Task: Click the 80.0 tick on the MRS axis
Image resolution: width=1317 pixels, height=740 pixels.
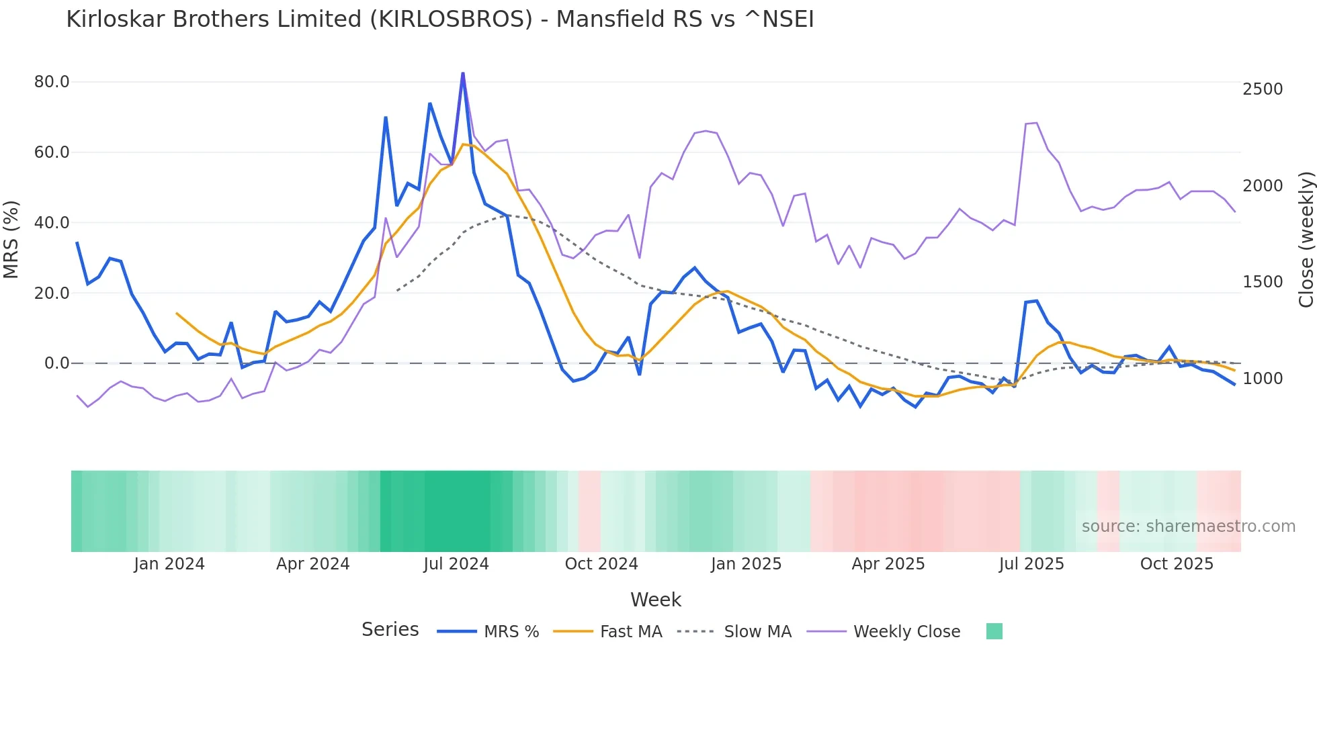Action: (x=52, y=82)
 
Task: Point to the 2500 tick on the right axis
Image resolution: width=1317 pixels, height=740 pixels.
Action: (x=1263, y=89)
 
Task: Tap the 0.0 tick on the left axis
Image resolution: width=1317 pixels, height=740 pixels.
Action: (x=56, y=363)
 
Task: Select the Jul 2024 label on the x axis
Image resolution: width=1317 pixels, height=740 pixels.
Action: (x=456, y=564)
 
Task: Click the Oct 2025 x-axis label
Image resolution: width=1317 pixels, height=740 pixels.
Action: (x=1177, y=564)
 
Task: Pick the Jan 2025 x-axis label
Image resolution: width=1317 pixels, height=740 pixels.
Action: (x=746, y=564)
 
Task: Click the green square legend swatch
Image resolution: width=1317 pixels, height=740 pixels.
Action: (x=994, y=631)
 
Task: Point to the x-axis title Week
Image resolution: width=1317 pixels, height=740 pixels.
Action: (x=656, y=600)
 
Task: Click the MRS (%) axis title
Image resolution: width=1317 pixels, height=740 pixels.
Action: (x=11, y=240)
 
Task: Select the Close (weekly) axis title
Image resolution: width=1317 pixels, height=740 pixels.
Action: (x=1306, y=240)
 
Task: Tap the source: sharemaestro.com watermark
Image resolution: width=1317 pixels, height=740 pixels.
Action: (x=1188, y=526)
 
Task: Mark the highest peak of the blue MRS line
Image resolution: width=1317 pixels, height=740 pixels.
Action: (x=463, y=74)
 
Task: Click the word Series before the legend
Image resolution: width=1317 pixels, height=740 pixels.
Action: (x=390, y=630)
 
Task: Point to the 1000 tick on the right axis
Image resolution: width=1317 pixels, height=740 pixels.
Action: (x=1263, y=379)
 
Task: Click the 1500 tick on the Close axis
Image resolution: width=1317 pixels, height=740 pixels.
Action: (x=1263, y=282)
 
